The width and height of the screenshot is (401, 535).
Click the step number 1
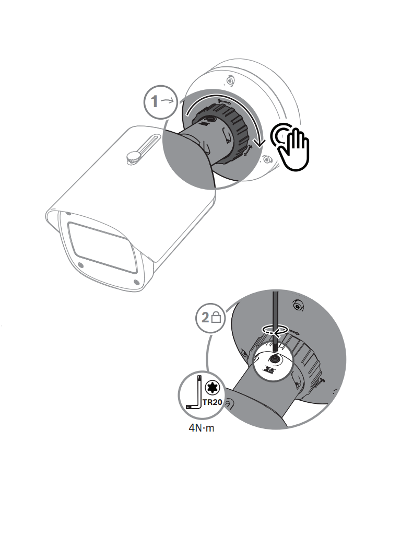(154, 101)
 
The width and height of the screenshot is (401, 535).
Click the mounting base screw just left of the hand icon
(267, 159)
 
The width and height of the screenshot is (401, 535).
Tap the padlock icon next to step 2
(217, 317)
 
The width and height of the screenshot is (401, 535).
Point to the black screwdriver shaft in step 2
(275, 313)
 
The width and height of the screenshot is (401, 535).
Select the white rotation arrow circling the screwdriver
(275, 330)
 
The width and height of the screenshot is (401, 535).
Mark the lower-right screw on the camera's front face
(136, 282)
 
